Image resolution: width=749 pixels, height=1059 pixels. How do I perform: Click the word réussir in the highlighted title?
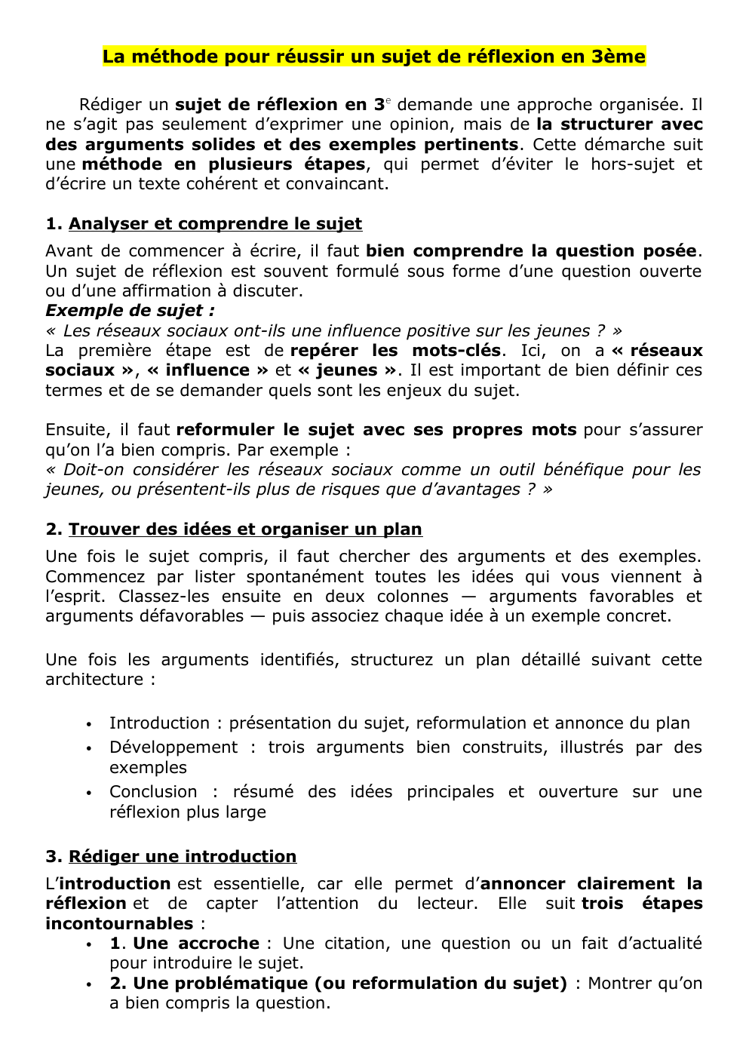[x=259, y=57]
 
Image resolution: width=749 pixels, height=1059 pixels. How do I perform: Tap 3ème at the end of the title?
[x=618, y=57]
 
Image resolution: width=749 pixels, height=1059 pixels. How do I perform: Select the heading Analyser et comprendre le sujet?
[x=215, y=224]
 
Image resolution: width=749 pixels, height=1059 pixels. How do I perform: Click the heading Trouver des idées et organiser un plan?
[x=245, y=529]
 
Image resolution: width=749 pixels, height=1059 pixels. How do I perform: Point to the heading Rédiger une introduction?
[x=183, y=857]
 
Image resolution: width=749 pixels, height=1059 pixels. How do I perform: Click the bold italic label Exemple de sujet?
[x=130, y=311]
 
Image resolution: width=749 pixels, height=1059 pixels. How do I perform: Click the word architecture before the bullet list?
[x=94, y=680]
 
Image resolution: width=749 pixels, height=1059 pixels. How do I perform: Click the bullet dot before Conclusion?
[x=89, y=793]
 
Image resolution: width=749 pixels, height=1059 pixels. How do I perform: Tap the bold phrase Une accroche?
[x=196, y=944]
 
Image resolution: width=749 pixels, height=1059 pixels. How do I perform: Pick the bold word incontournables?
[x=119, y=924]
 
